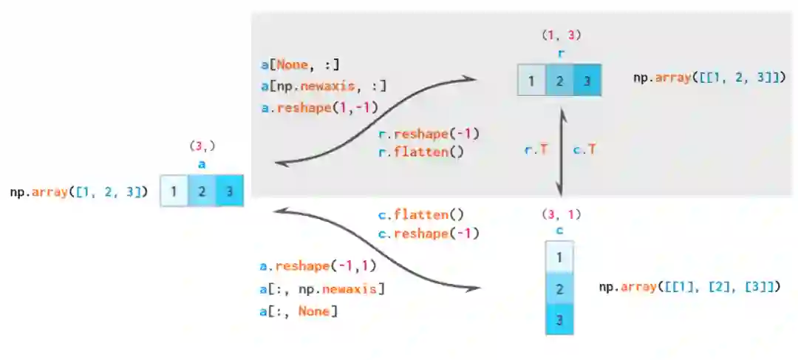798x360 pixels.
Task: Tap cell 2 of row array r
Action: tap(559, 81)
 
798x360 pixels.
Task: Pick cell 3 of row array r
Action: tap(587, 81)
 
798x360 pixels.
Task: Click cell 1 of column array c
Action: tap(559, 257)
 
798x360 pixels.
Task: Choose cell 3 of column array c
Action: tap(559, 319)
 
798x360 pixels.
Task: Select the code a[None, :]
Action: tap(300, 65)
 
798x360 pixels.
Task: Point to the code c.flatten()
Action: tap(420, 215)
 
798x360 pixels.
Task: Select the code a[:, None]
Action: tap(299, 311)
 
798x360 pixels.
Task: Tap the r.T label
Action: tap(536, 149)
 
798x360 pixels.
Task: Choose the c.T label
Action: tap(584, 149)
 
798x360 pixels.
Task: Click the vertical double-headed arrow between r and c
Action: tap(561, 152)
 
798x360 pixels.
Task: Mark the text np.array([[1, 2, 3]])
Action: tap(709, 77)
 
